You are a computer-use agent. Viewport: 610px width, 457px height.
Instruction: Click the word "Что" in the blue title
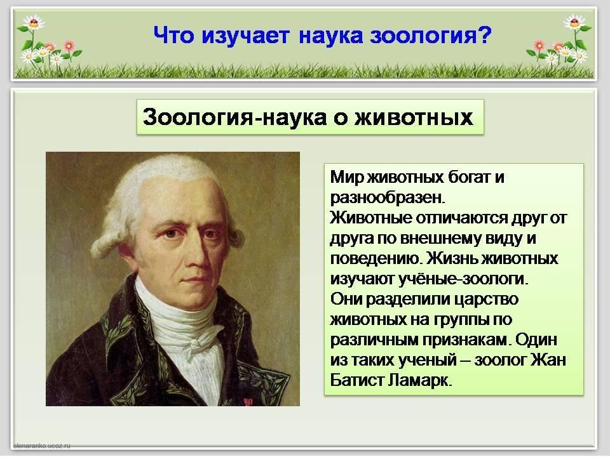click(173, 36)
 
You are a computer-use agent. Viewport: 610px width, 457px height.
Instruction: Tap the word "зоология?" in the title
click(431, 36)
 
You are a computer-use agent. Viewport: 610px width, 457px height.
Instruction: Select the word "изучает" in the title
click(245, 36)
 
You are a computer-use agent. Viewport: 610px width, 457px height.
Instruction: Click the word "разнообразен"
click(387, 198)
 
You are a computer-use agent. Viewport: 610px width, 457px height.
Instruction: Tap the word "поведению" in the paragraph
click(376, 259)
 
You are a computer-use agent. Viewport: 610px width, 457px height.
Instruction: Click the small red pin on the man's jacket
click(247, 401)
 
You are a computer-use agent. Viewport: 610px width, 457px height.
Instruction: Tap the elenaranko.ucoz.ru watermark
click(42, 446)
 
